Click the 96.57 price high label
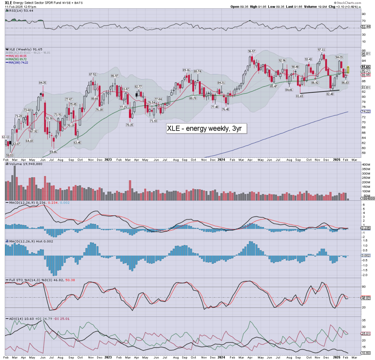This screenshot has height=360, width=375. (x=251, y=51)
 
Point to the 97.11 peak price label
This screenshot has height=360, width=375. (x=322, y=49)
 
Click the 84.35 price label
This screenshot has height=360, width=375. (x=43, y=83)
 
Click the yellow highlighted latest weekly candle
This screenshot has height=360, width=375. (x=348, y=70)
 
